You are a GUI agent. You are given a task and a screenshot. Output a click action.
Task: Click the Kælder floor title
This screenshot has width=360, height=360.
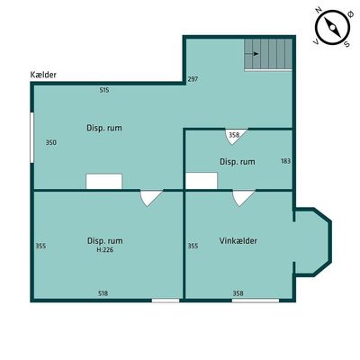coord(43,75)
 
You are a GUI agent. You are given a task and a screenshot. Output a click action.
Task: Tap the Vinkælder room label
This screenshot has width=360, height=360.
coord(238,241)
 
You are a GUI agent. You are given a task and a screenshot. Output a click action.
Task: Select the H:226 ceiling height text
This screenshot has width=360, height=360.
coord(104,250)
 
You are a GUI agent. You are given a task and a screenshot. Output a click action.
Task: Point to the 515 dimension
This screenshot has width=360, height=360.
coord(104,90)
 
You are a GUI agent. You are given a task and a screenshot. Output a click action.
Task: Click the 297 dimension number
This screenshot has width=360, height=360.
coord(193,79)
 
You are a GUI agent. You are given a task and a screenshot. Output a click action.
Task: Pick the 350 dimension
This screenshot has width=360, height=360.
coord(51,142)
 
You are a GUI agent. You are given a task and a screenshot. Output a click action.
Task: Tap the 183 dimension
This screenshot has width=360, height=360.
coord(285,161)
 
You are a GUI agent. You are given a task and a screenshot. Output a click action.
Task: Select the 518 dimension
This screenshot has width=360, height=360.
coord(103,293)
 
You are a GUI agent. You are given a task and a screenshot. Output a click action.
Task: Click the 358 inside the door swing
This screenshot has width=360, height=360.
coord(234,135)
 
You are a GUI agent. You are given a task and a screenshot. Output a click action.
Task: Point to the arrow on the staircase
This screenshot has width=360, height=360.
coord(252,54)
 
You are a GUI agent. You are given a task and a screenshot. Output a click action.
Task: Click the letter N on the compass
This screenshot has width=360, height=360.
coord(319,11)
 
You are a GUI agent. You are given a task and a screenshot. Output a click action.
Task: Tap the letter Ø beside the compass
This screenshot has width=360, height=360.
coord(349,13)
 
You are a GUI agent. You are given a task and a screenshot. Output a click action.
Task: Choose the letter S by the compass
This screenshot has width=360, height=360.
coord(346,44)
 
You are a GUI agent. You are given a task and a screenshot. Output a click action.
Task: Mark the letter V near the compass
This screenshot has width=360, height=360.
coord(316,41)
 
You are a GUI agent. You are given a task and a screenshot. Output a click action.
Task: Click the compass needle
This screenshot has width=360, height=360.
coord(332,28)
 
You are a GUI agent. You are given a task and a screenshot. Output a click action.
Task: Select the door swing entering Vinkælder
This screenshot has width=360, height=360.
coord(243,198)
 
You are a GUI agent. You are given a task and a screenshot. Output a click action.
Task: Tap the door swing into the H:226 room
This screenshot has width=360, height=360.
coord(151,198)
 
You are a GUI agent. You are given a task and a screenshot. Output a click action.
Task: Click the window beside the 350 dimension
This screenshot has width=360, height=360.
coord(31,138)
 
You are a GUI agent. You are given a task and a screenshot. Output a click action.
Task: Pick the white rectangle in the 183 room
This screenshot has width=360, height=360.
coord(202,181)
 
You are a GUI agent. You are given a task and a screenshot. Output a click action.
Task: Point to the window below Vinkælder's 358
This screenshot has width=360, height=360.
coord(256,301)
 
